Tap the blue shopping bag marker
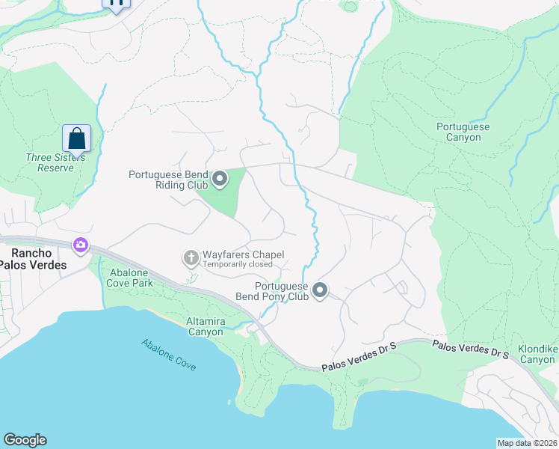click(76, 138)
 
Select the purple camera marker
click(80, 245)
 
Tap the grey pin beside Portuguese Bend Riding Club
click(220, 179)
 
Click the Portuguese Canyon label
click(463, 132)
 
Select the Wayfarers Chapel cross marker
click(191, 259)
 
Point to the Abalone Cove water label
click(169, 355)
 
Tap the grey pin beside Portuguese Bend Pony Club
click(320, 290)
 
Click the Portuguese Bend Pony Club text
click(280, 291)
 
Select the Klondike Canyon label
click(537, 355)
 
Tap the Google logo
click(25, 440)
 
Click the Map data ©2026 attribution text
click(527, 443)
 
